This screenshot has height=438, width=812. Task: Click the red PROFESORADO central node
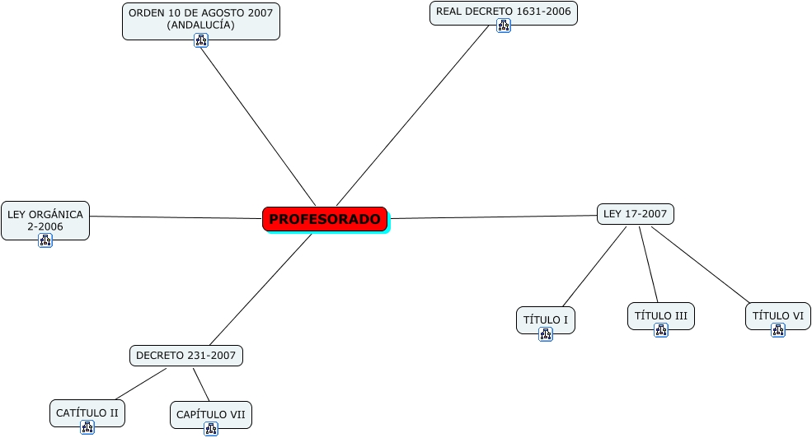point(325,219)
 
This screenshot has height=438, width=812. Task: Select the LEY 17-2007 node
point(635,214)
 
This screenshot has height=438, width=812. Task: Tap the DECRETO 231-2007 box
point(185,356)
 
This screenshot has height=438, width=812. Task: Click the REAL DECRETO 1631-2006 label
point(503,12)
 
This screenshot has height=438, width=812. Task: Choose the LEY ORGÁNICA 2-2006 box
point(45,220)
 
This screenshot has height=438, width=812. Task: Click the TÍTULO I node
point(545,319)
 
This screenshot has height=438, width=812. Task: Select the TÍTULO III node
point(660,315)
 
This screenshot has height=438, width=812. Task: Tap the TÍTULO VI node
point(777,315)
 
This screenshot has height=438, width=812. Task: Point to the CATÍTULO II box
point(87,412)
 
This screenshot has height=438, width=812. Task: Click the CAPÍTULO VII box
point(210,413)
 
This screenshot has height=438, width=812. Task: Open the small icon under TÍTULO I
point(545,334)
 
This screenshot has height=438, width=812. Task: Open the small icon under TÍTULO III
point(660,330)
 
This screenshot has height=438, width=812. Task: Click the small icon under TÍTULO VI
point(777,330)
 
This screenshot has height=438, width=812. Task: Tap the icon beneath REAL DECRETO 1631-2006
point(504,26)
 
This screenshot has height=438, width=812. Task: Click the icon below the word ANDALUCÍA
point(201,40)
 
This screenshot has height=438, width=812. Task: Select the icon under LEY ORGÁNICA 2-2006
point(45,240)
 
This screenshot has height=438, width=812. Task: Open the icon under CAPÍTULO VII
point(210,429)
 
